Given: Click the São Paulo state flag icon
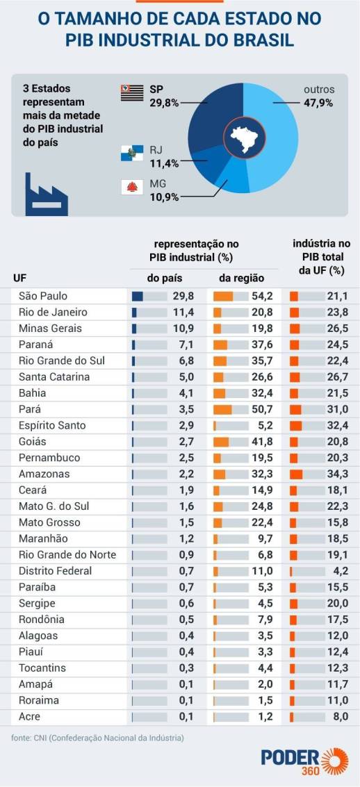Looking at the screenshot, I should (x=132, y=93).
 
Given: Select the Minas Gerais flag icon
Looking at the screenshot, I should (x=131, y=188).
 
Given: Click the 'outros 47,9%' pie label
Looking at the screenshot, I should (x=318, y=96).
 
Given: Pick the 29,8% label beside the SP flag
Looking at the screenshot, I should (x=164, y=103).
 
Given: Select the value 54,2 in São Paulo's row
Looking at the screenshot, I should (x=261, y=296).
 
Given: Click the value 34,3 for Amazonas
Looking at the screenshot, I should (x=336, y=474).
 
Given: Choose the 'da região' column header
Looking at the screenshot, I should (x=241, y=278).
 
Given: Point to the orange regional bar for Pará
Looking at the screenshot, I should (x=222, y=409).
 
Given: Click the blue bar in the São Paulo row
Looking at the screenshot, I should (x=138, y=296).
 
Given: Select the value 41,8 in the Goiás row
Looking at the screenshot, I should (x=261, y=442).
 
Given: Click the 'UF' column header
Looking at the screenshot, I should (x=20, y=278).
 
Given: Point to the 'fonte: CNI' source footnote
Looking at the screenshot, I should (x=97, y=738).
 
